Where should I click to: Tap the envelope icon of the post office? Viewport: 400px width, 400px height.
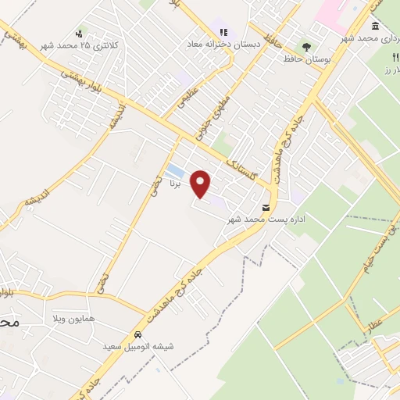click(x=267, y=208)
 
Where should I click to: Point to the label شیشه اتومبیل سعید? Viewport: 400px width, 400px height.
click(x=138, y=345)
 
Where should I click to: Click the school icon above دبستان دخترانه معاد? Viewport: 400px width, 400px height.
click(x=223, y=33)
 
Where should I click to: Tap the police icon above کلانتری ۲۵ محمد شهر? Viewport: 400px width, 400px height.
click(x=79, y=34)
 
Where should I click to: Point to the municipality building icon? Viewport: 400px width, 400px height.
click(x=376, y=27)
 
